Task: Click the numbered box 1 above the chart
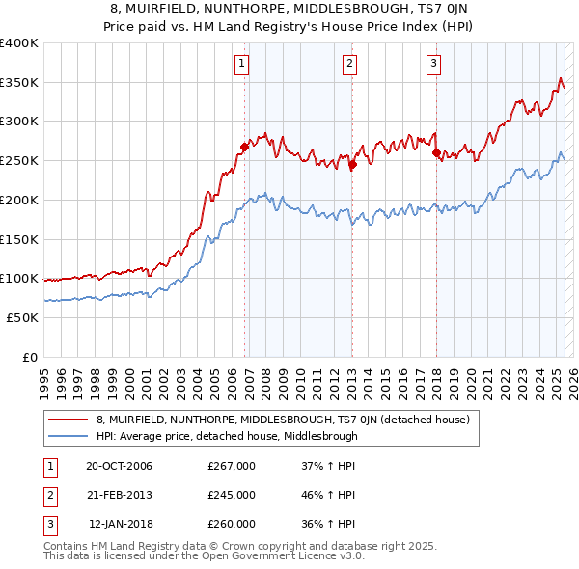[x=240, y=65]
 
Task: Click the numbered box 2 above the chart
[x=348, y=65]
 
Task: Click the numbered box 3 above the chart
[x=433, y=65]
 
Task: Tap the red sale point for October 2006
[x=244, y=148]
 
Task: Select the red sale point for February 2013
[x=352, y=165]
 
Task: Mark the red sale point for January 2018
[x=436, y=152]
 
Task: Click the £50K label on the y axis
[x=22, y=317]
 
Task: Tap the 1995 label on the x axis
[x=43, y=382]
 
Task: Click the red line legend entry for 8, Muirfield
[x=282, y=420]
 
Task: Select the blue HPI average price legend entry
[x=226, y=436]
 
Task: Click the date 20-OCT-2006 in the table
[x=119, y=466]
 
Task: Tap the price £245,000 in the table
[x=231, y=495]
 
